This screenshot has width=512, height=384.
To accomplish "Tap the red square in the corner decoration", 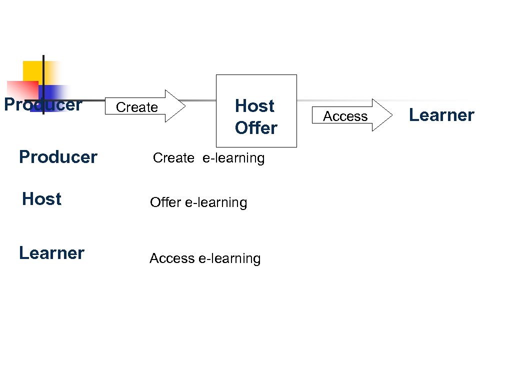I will pos(20,89).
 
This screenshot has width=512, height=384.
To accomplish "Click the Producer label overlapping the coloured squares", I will pos(43,105).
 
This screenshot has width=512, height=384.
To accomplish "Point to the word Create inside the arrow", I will pos(136,107).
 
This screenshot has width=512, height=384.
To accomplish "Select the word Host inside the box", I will pos(254,106).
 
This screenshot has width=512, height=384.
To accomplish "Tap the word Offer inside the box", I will pos(256,128).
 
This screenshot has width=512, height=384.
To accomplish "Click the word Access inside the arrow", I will pos(345,116).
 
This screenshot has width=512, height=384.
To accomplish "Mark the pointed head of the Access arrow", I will pos(382,115).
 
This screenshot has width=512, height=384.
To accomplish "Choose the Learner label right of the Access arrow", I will pos(441,115).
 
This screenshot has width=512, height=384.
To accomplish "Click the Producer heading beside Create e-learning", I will pos(58,157).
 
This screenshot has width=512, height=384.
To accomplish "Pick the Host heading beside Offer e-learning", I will pos(41,199).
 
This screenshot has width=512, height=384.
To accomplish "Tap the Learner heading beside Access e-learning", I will pos(51,253).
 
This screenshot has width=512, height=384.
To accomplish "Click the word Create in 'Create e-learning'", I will pos(173,158).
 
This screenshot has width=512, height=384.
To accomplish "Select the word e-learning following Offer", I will pos(216,202).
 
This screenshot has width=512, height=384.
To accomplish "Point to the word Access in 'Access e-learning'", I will pos(172,258).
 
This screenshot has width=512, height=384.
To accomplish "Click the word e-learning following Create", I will pos(233,158).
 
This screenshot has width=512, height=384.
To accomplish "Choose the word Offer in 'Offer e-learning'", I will pos(165,202).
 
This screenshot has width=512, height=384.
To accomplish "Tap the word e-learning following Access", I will pos(229,258).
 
